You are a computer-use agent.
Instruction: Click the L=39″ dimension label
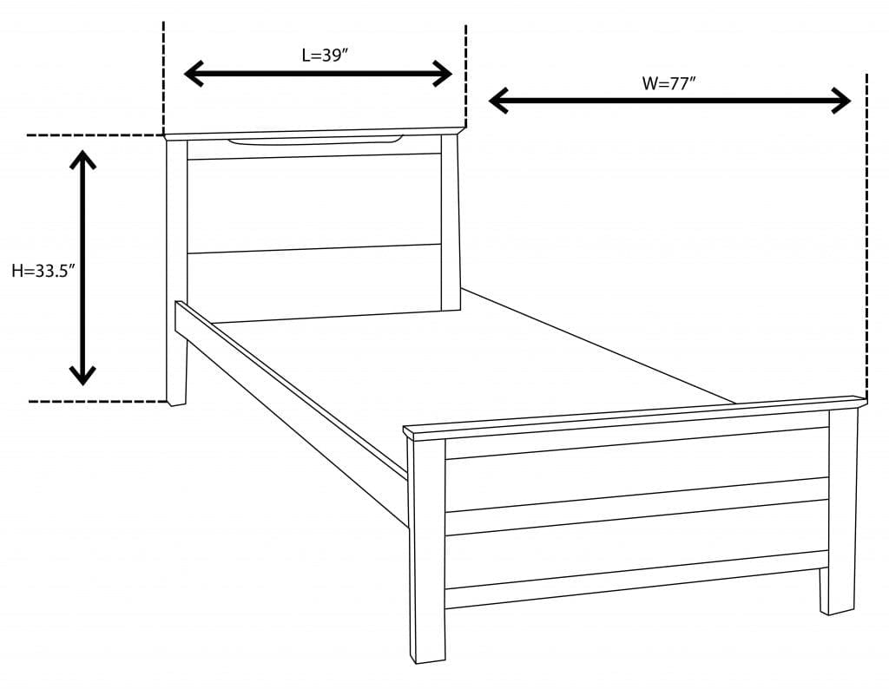pyautogui.click(x=325, y=56)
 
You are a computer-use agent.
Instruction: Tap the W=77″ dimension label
pyautogui.click(x=668, y=83)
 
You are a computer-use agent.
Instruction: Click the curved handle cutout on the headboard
pyautogui.click(x=315, y=140)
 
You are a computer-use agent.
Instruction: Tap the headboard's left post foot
pyautogui.click(x=176, y=395)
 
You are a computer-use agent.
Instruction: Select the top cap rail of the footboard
pyautogui.click(x=634, y=416)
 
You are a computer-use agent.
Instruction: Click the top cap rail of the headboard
pyautogui.click(x=313, y=133)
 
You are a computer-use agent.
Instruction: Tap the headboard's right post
pyautogui.click(x=450, y=221)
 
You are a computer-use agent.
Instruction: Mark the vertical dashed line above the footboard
pyautogui.click(x=866, y=234)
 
